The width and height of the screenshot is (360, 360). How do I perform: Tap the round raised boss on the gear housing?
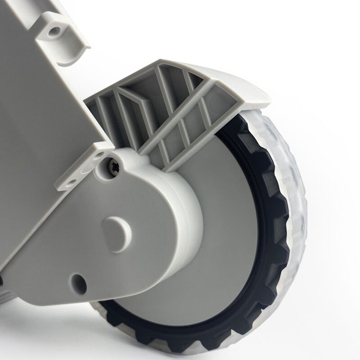click(x=118, y=228)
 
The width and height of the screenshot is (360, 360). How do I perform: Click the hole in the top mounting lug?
click(x=55, y=31)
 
